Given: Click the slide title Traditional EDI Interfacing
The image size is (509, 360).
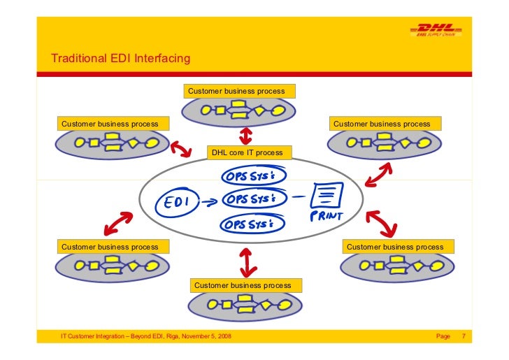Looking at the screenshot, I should click(x=120, y=59).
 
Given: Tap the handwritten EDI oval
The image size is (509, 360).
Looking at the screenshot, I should click(x=178, y=201).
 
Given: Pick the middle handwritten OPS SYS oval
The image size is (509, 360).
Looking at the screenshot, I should click(x=253, y=199).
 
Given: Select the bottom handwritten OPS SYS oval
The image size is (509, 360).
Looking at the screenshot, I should click(x=253, y=224).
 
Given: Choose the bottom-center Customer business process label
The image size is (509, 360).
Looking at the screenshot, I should click(x=243, y=285).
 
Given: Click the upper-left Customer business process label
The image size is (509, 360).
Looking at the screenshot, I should click(x=110, y=124).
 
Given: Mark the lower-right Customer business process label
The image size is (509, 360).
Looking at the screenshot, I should click(x=395, y=247).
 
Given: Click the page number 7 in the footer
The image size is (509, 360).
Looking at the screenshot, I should click(x=463, y=337).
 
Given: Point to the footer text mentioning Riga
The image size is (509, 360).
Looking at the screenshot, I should click(x=146, y=337).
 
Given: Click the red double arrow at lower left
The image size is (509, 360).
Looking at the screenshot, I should click(x=117, y=224).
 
